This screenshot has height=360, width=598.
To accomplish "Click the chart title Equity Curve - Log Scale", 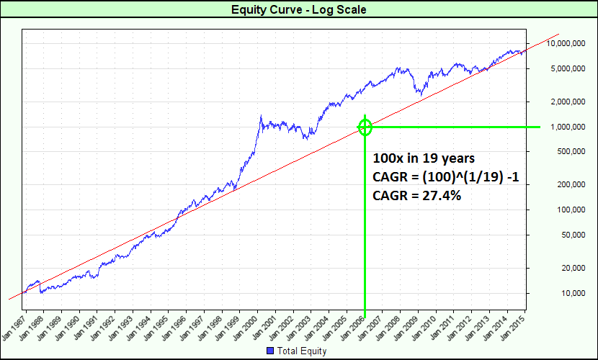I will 298,9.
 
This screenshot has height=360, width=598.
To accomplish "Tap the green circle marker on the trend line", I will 365,127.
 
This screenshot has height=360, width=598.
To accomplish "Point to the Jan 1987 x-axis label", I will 14,325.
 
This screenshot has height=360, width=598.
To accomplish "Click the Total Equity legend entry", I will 302,351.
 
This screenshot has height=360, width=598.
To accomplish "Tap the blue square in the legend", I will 271,351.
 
